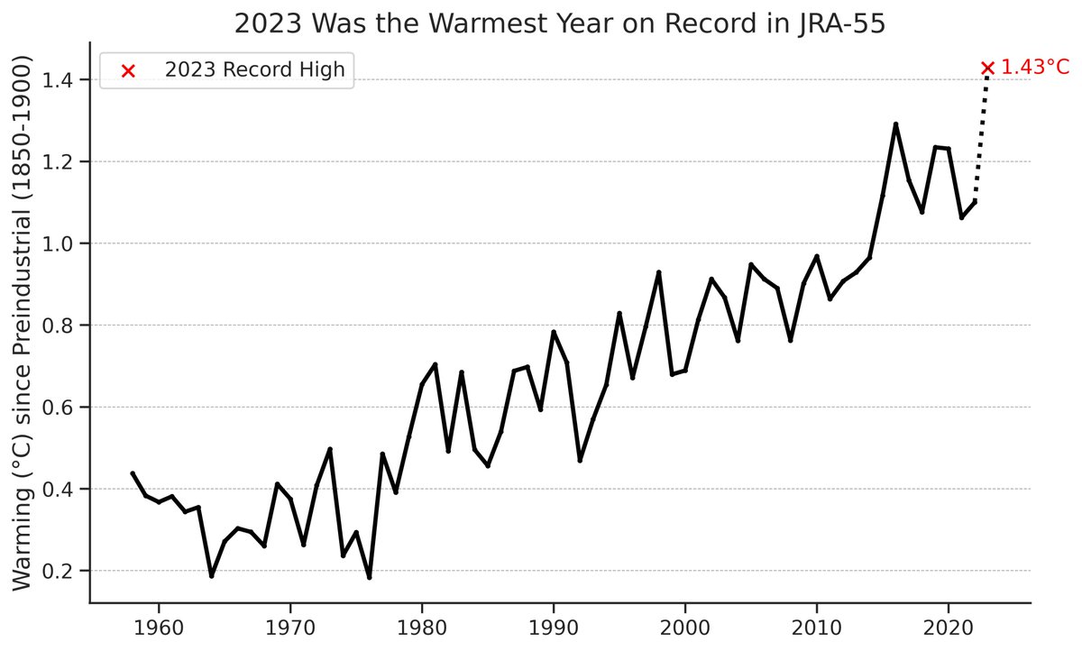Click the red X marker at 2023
tap(987, 68)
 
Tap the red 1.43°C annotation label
tap(1035, 68)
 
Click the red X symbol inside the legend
tap(128, 71)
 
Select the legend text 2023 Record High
tap(255, 71)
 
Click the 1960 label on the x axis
tap(159, 626)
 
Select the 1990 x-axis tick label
tap(554, 626)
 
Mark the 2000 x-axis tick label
tap(685, 626)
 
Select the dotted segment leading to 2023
tap(982, 135)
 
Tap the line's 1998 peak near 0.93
tap(659, 272)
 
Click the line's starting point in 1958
tap(133, 472)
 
